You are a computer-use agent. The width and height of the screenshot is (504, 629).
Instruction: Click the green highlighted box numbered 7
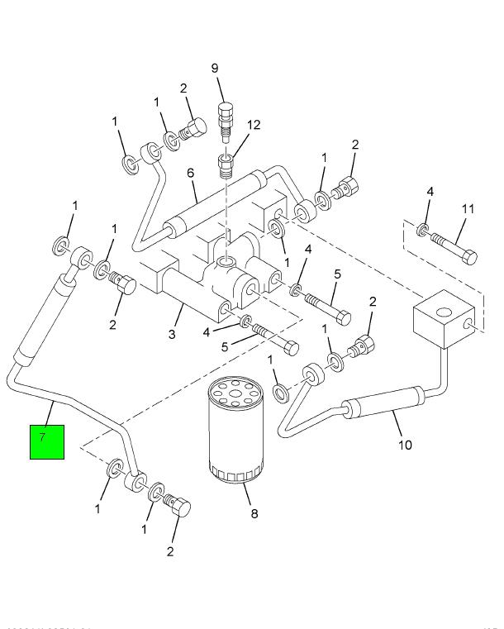coord(47,441)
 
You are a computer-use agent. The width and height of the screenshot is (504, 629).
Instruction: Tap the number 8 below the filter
coord(254,514)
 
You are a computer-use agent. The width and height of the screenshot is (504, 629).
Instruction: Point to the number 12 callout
coord(253,125)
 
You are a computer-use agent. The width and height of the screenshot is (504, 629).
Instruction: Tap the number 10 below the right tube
coord(404,445)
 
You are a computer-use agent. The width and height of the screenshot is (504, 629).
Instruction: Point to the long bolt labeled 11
coord(453,247)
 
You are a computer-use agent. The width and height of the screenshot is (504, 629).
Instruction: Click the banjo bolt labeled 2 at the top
coord(193,129)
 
